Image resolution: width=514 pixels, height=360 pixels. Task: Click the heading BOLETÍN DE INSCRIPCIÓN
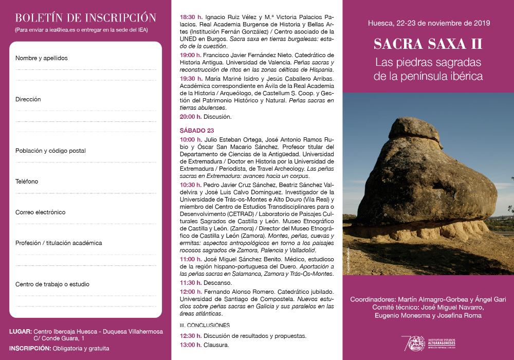click(x=86, y=17)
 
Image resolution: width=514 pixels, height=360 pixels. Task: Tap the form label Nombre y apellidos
click(x=42, y=58)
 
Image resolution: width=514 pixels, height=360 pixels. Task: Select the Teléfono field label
click(x=27, y=182)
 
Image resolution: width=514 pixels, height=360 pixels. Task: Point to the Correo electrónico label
click(x=40, y=212)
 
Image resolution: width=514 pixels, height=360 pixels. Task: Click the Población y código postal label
click(x=50, y=151)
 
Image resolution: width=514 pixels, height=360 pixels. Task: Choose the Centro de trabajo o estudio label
click(x=52, y=284)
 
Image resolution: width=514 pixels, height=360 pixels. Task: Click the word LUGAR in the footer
click(x=20, y=332)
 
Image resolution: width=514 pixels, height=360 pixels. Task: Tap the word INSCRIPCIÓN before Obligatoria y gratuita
click(x=29, y=348)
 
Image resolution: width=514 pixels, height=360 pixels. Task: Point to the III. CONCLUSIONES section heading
click(x=205, y=325)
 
